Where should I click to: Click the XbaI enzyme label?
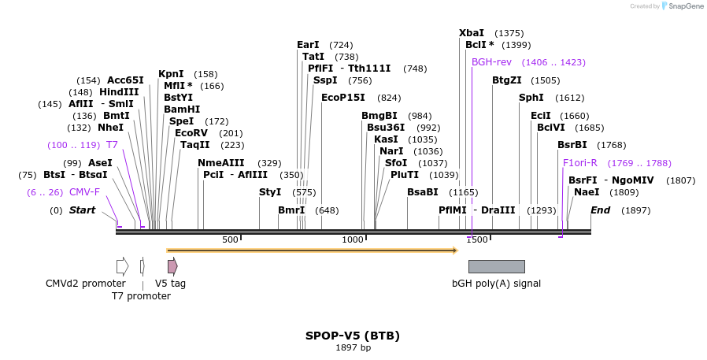(x=472, y=33)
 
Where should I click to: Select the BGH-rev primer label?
(x=491, y=62)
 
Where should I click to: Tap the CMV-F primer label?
(x=84, y=192)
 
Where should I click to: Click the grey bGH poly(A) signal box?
(x=496, y=266)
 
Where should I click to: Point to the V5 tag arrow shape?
(x=172, y=266)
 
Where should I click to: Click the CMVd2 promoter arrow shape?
(x=122, y=266)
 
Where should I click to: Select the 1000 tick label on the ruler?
(x=353, y=239)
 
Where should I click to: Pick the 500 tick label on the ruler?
(x=230, y=239)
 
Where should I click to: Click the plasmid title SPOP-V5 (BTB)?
(x=353, y=336)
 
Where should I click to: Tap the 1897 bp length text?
(x=353, y=348)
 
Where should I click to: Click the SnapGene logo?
(x=682, y=6)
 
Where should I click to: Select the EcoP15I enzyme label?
(x=343, y=98)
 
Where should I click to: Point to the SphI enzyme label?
(x=531, y=98)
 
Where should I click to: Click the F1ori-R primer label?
(x=580, y=163)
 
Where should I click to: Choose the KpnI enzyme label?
(x=171, y=74)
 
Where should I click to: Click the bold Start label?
(x=82, y=210)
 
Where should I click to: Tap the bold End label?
(x=600, y=210)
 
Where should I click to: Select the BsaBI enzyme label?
(x=423, y=192)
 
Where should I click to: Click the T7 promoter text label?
(x=141, y=296)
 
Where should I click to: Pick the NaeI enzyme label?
(x=587, y=192)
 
